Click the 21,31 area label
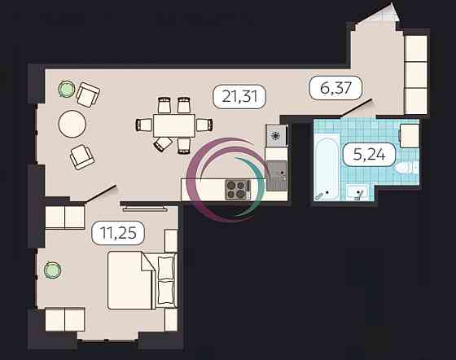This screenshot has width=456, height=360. tap(239, 97)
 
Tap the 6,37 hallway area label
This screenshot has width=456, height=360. tap(335, 88)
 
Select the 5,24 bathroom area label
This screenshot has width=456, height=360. tap(369, 155)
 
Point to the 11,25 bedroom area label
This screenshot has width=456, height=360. tap(118, 233)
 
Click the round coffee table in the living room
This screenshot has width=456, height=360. tap(72, 124)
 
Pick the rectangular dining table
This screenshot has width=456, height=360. tap(174, 125)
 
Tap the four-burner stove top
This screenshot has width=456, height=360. tap(238, 190)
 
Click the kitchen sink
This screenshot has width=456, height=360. tap(276, 176)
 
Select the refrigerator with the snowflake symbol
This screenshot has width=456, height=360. tap(275, 135)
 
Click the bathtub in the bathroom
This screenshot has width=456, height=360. tap(327, 169)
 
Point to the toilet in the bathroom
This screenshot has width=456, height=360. tap(407, 168)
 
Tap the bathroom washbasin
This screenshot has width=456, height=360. tap(357, 193)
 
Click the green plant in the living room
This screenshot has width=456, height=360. tap(66, 89)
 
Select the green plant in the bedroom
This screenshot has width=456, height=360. tap(52, 270)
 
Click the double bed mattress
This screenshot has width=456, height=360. tap(130, 280)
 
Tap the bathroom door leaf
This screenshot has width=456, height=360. tap(357, 108)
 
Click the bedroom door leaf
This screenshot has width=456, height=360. tap(101, 193)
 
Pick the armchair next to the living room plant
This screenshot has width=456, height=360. tap(88, 94)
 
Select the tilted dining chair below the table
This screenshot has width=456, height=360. tap(164, 144)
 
